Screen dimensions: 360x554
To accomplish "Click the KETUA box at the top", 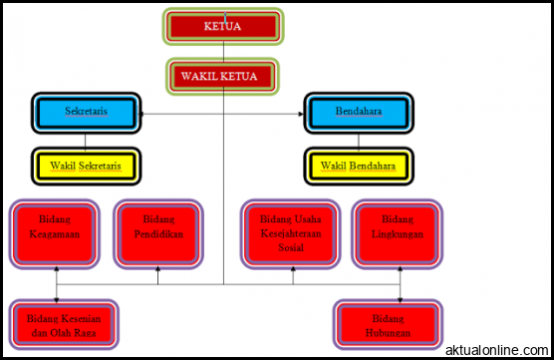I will [x=223, y=27].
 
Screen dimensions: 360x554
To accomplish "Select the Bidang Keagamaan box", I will [x=55, y=234].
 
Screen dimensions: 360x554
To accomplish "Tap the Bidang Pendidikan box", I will [x=157, y=234].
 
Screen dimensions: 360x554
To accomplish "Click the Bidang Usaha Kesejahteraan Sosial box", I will [x=293, y=234].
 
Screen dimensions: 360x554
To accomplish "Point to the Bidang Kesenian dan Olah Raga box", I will [x=57, y=324].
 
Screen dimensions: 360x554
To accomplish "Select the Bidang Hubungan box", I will [x=387, y=324].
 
